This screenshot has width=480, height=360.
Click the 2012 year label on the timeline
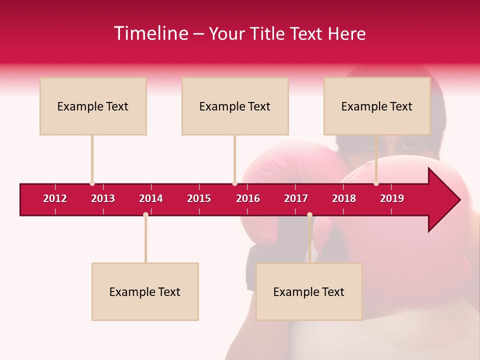tap(55, 198)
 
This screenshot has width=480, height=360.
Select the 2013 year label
tap(103, 198)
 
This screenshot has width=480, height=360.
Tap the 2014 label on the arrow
tap(151, 198)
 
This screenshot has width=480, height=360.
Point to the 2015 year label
tap(199, 198)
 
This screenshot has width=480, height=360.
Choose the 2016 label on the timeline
tap(248, 198)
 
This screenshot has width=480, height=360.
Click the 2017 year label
tap(296, 198)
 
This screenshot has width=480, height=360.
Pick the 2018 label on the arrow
tap(344, 198)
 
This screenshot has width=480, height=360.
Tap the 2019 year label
tap(392, 198)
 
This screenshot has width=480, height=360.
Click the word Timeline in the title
tap(150, 33)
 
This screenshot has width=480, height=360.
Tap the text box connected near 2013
tap(93, 106)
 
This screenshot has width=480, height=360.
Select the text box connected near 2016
tap(235, 106)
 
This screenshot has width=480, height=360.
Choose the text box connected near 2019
tap(377, 106)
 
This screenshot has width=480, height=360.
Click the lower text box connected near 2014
tap(145, 291)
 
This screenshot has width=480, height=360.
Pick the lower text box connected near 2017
tap(309, 291)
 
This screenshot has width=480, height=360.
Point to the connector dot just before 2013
tap(92, 183)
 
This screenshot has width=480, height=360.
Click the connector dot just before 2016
tap(234, 183)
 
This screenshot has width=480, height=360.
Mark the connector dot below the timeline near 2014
tap(145, 214)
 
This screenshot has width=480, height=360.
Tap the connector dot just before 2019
tap(376, 183)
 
